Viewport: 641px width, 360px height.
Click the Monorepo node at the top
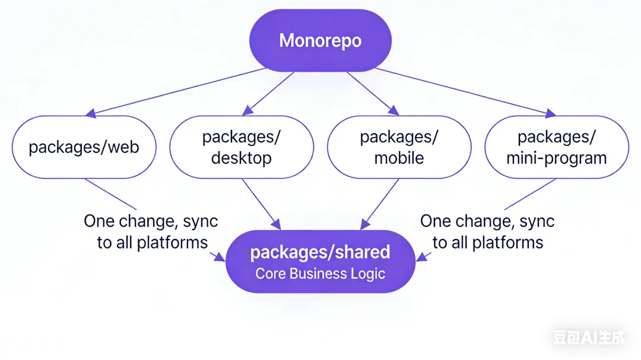click(320, 41)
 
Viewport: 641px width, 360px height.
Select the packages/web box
click(84, 147)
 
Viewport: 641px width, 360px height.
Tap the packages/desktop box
click(242, 147)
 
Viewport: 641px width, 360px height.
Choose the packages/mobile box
click(399, 147)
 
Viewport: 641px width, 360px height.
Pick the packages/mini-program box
click(556, 147)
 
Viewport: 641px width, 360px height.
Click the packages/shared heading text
click(320, 252)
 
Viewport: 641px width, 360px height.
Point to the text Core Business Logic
click(320, 273)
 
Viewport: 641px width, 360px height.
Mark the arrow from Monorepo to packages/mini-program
click(463, 91)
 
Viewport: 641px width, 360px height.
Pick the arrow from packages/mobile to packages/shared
click(380, 204)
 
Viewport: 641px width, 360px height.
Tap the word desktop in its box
click(242, 158)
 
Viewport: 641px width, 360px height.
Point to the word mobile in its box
click(399, 158)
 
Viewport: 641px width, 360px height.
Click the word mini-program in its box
click(556, 158)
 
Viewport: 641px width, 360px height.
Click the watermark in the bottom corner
click(589, 338)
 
